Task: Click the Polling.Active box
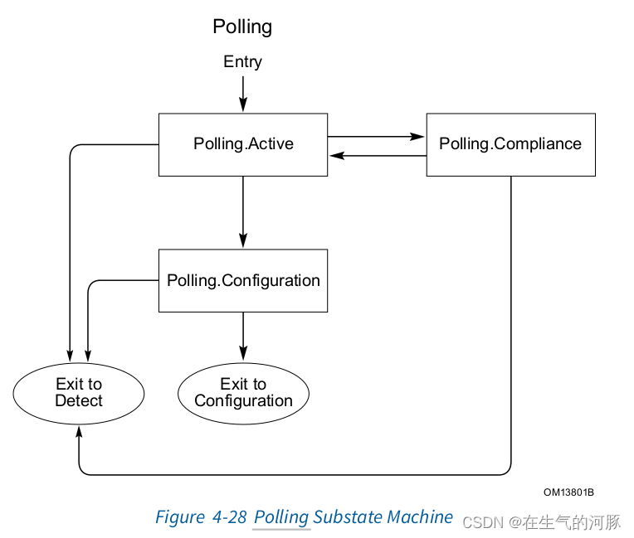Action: (243, 144)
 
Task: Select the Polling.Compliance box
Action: (510, 144)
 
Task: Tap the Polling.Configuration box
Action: (243, 280)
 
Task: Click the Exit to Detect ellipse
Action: (79, 393)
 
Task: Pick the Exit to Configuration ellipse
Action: (243, 393)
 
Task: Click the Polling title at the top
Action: (242, 27)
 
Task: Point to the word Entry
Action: (242, 62)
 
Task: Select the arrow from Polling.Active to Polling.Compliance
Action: (377, 137)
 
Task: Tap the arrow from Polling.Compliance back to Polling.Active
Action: (377, 155)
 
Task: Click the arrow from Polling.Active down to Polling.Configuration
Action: (243, 212)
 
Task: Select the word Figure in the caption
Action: (179, 517)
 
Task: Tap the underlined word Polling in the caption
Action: (281, 517)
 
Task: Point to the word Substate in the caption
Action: (349, 517)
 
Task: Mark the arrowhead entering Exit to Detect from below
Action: (79, 432)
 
